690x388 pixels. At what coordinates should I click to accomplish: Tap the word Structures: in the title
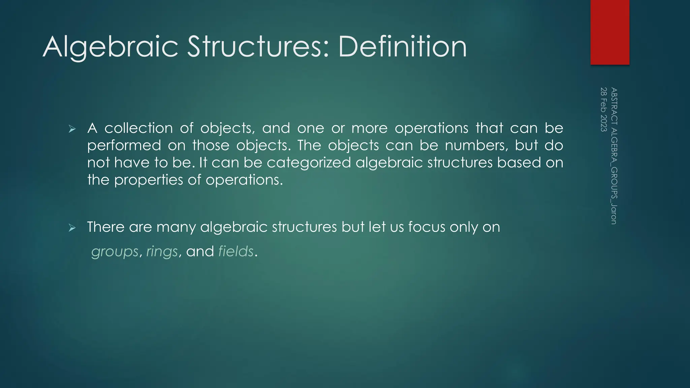[258, 47]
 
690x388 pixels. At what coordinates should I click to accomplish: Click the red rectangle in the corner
[610, 32]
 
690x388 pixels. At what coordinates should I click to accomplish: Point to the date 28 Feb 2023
[604, 109]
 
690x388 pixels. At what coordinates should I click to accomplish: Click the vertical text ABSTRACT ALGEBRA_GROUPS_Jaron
[614, 156]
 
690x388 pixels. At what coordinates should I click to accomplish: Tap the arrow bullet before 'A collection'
[72, 129]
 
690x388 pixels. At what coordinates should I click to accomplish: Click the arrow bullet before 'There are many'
[72, 228]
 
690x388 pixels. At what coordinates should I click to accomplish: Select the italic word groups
[115, 252]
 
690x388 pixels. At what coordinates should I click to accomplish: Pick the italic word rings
[162, 252]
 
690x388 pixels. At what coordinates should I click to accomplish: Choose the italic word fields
[236, 251]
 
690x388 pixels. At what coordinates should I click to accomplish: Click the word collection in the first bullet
[138, 128]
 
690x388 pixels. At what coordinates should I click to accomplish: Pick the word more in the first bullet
[369, 128]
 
